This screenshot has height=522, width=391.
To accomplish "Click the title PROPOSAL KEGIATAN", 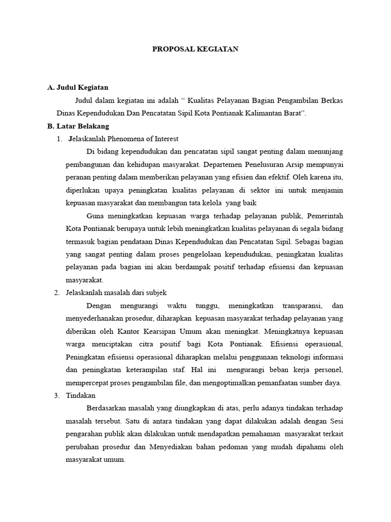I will tap(195, 49).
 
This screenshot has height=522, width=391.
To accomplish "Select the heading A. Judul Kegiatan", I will tap(77, 87).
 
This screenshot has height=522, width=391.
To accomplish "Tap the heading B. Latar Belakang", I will tap(78, 126).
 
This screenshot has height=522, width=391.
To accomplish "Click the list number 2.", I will tap(57, 293).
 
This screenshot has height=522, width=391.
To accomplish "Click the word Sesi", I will tap(335, 421).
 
